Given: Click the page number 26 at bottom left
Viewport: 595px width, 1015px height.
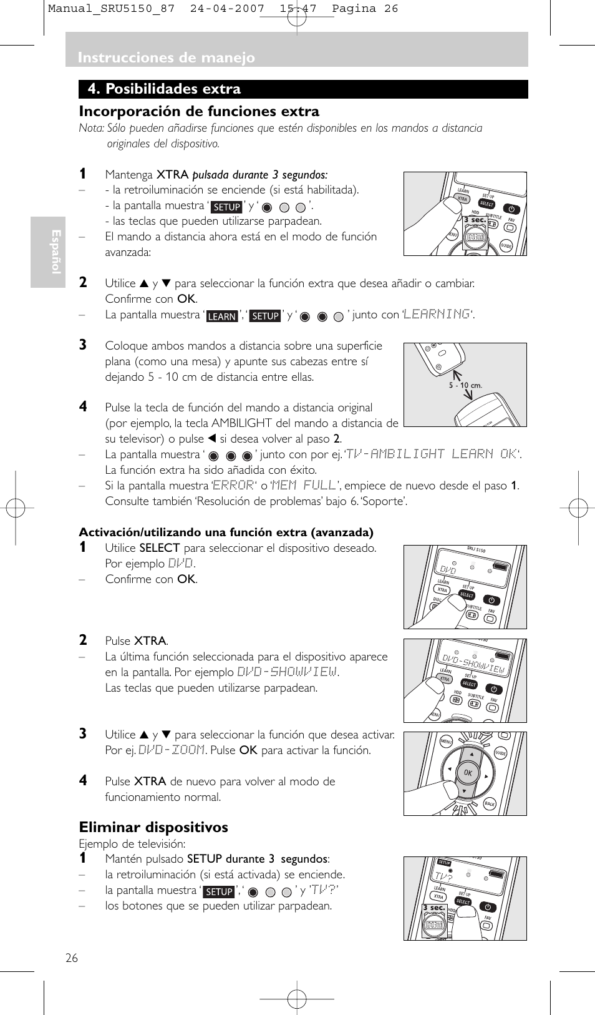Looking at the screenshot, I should (x=72, y=958).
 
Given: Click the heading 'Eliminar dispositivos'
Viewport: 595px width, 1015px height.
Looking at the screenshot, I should (x=153, y=827).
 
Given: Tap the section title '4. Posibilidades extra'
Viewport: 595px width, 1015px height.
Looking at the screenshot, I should (x=164, y=89).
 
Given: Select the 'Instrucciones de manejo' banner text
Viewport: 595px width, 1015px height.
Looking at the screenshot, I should (x=166, y=57).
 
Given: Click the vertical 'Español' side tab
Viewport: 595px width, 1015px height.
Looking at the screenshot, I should (x=56, y=252).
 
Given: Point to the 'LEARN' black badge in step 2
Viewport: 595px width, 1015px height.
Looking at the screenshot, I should (x=222, y=316).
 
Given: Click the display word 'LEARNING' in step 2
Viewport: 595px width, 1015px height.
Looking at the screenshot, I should (x=437, y=314).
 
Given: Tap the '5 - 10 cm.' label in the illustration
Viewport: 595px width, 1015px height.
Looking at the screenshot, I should (x=465, y=385).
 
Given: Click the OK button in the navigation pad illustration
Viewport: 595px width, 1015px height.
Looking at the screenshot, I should (x=468, y=773).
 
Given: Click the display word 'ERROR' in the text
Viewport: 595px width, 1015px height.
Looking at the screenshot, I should (x=233, y=485).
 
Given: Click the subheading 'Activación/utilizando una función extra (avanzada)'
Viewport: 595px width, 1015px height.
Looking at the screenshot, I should (x=226, y=532).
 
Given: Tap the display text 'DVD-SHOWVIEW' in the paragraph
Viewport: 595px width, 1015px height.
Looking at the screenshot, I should (x=287, y=672).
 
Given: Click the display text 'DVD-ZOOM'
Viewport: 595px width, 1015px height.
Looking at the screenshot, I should (x=172, y=750).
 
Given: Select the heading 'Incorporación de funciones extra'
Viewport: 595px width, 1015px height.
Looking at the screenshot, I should (x=199, y=112).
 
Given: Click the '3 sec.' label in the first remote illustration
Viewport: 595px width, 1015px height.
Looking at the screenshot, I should (x=474, y=220).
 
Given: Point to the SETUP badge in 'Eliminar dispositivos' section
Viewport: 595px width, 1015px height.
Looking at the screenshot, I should (x=219, y=892).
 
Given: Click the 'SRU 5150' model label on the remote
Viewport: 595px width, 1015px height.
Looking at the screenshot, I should (x=476, y=550).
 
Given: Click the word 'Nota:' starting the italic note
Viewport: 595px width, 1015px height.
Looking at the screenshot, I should (x=91, y=129).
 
